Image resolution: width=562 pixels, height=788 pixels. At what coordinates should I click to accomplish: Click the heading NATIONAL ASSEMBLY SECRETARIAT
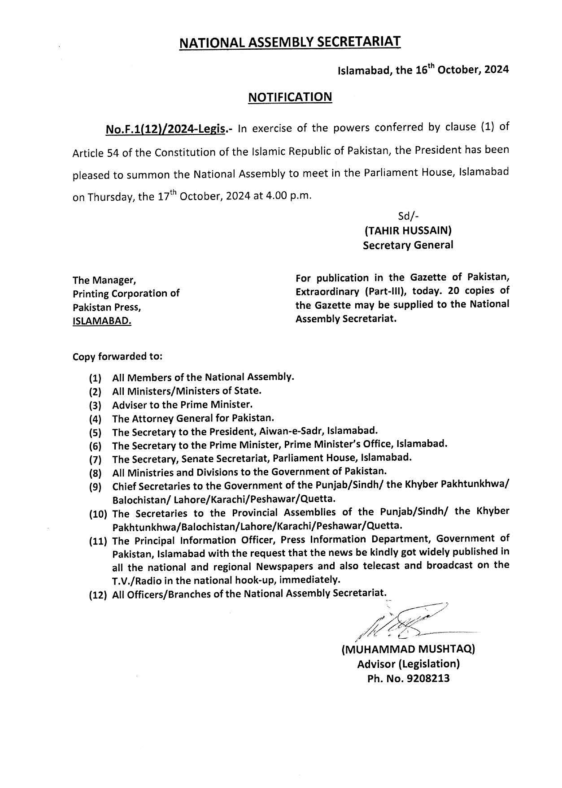290,42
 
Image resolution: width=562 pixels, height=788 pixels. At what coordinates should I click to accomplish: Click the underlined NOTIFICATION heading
290,97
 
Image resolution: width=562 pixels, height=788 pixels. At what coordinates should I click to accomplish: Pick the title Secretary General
408,245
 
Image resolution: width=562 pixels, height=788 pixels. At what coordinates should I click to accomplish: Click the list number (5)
95,433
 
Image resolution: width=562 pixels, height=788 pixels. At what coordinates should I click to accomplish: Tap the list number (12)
98,594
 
